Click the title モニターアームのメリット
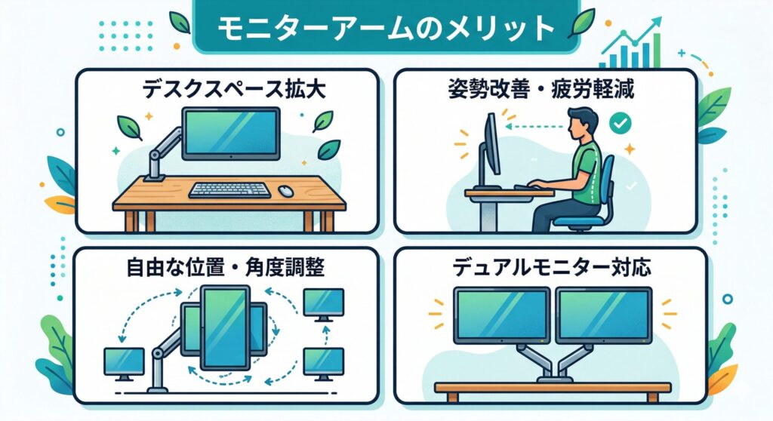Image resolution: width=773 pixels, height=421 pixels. point(386,27)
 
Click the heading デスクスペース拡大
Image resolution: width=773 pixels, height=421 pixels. point(234,90)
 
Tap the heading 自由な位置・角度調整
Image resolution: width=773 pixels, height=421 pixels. point(225,267)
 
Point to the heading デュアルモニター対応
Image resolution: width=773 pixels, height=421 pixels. point(552,267)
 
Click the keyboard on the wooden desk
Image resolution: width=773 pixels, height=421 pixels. point(229,190)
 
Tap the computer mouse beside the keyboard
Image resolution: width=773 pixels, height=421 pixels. point(286,191)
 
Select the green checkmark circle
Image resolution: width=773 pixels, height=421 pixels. point(621,123)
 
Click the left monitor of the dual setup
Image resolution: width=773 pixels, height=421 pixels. point(502,315)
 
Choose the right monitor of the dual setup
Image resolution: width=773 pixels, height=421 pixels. point(604,315)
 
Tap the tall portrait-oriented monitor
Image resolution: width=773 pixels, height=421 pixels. point(225,327)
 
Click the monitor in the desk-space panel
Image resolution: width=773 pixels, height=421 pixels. point(231,133)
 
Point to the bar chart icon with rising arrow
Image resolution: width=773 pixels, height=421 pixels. point(631,45)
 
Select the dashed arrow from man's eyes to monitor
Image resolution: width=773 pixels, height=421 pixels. point(535,127)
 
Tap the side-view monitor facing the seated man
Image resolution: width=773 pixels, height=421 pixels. point(491,143)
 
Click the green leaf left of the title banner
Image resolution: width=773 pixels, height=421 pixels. point(180,22)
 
